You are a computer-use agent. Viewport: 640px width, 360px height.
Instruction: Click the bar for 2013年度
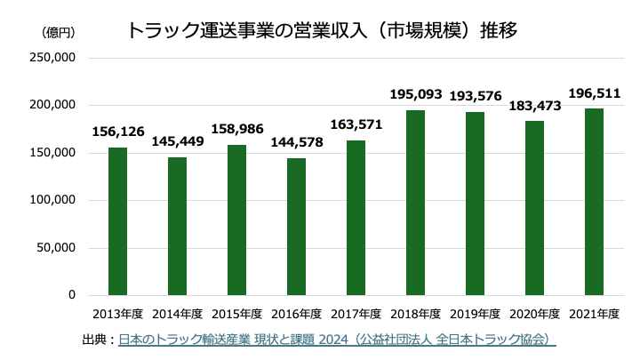[x=117, y=220]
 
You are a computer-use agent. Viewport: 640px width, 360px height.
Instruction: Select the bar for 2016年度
[x=296, y=226]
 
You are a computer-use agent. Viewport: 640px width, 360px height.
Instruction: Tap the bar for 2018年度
[x=415, y=202]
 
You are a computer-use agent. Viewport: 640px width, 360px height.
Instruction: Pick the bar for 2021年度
[x=594, y=201]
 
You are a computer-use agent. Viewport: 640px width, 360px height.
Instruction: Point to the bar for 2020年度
[x=534, y=207]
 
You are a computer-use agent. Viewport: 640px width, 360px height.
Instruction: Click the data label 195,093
[x=415, y=93]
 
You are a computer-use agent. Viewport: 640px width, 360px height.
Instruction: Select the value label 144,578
[x=296, y=141]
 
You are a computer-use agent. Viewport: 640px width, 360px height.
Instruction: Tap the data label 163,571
[x=356, y=124]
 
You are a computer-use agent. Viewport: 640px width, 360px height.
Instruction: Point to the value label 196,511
[x=594, y=92]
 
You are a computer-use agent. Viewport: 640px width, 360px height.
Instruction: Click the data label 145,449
[x=178, y=140]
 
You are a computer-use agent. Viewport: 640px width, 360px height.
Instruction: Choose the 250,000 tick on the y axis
[x=56, y=58]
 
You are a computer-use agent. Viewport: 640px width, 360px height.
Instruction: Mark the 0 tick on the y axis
[x=72, y=295]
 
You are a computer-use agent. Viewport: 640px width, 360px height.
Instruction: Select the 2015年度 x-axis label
[x=236, y=314]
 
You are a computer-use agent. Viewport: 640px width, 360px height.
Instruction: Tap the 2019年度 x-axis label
[x=475, y=314]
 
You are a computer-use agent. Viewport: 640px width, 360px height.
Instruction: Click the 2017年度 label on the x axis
[x=356, y=314]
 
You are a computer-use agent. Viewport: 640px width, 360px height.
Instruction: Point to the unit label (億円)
[x=58, y=32]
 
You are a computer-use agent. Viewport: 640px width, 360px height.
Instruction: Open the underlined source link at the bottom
[x=337, y=340]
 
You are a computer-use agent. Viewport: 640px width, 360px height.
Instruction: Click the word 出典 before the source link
[x=93, y=340]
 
